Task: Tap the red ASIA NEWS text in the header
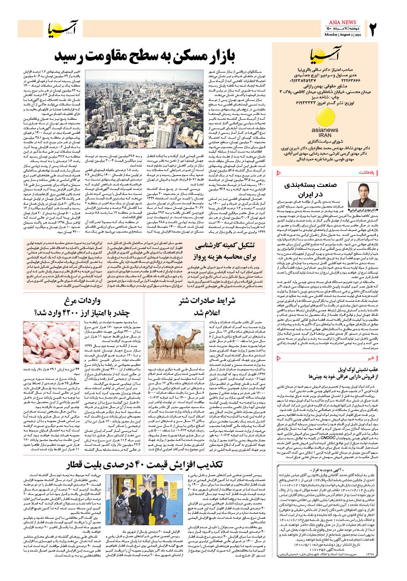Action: coord(342,22)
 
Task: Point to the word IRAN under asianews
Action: coord(325,135)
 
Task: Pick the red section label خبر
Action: coord(370,358)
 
